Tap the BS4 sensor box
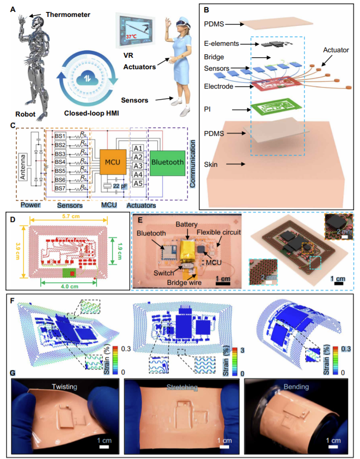pyautogui.click(x=61, y=162)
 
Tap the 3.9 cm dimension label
pyautogui.click(x=17, y=252)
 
